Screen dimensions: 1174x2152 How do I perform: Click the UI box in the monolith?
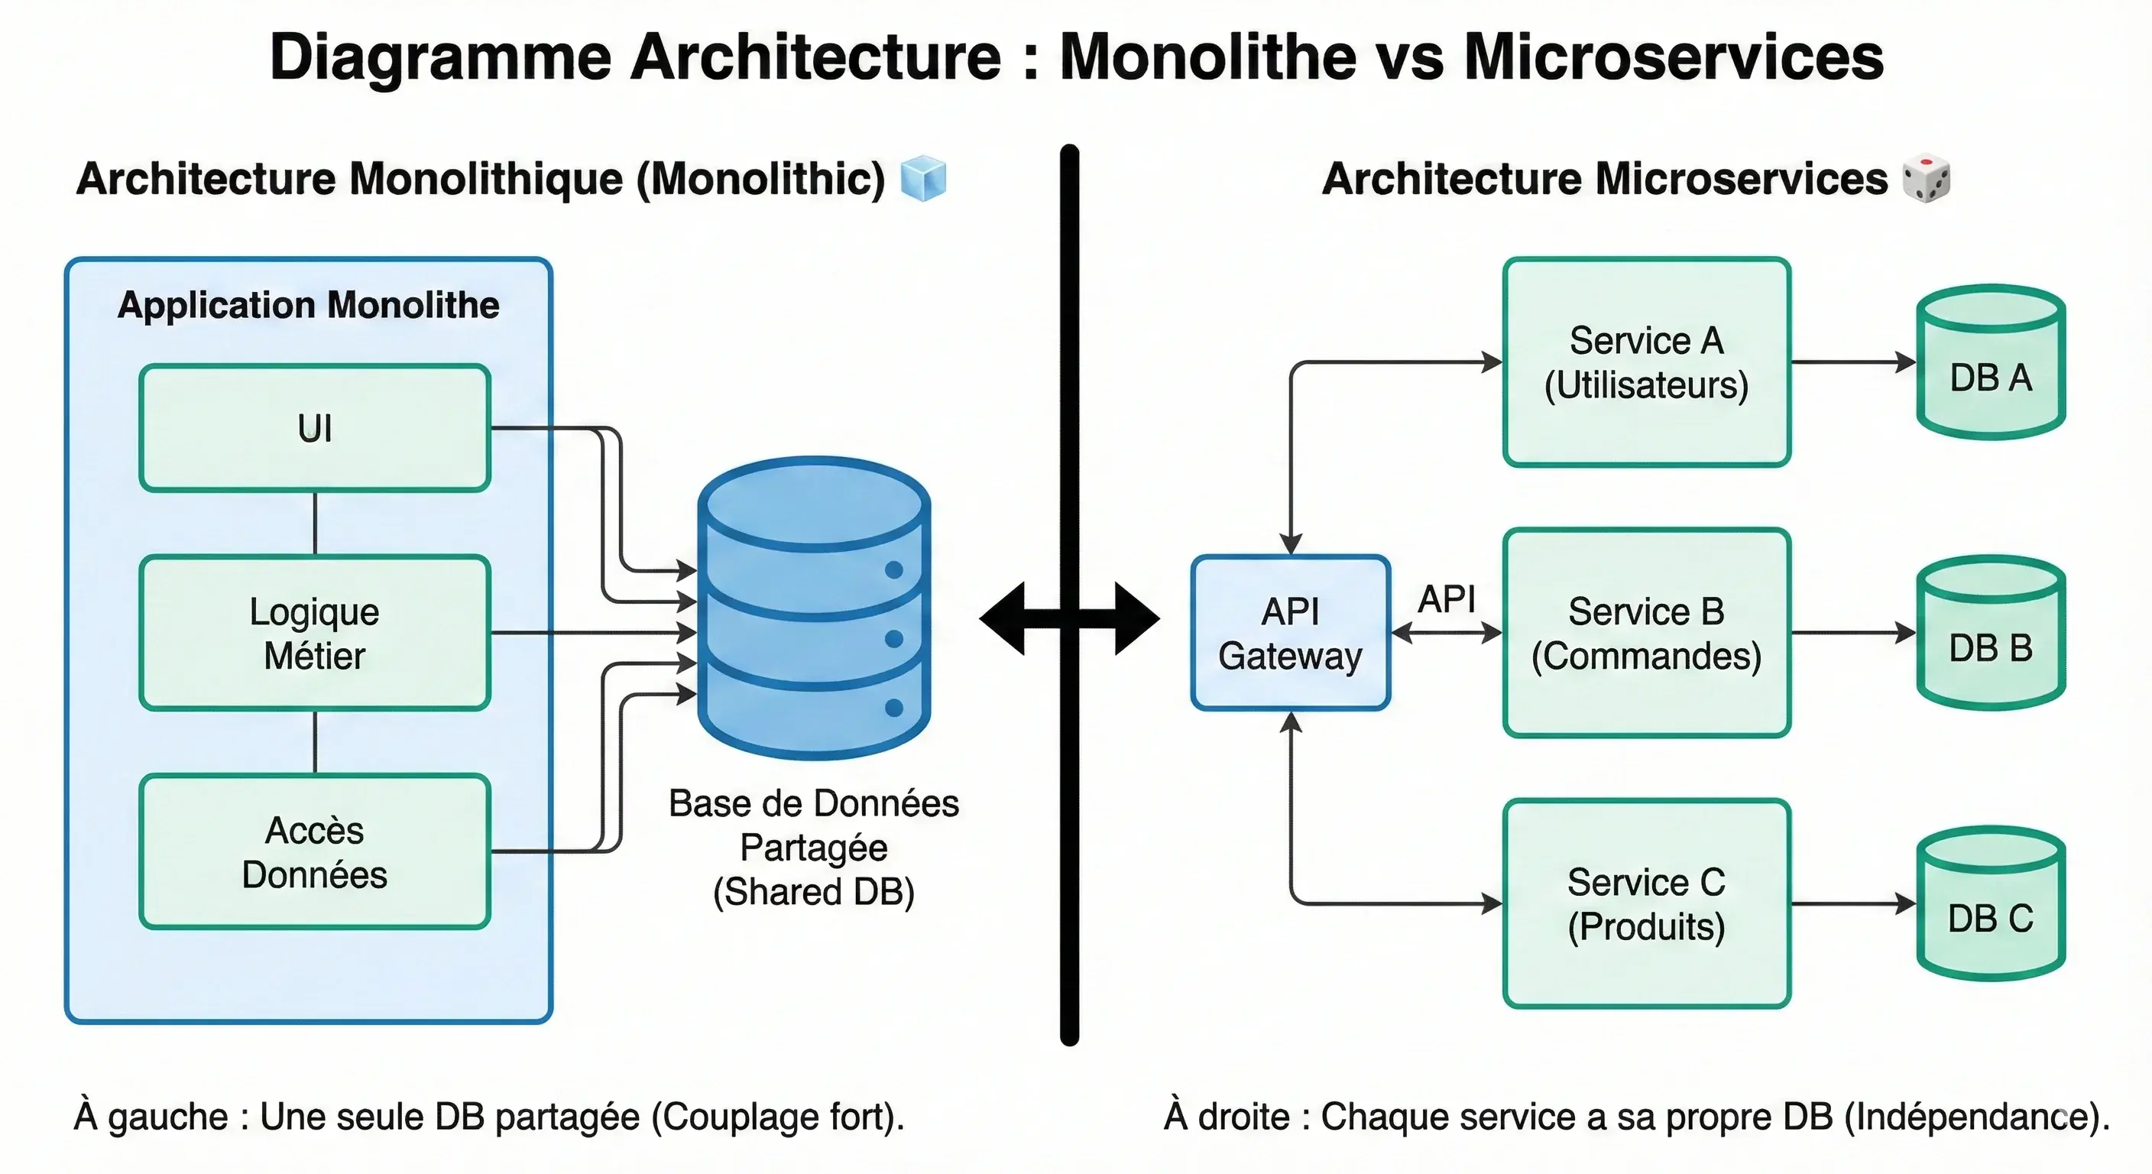[x=314, y=428]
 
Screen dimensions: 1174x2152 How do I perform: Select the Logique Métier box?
[x=314, y=633]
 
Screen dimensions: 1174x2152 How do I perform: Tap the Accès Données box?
[x=314, y=851]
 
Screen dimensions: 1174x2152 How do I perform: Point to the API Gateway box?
[x=1290, y=633]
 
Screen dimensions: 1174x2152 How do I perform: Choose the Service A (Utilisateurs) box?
[x=1646, y=362]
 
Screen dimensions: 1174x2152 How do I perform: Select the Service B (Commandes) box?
[x=1646, y=633]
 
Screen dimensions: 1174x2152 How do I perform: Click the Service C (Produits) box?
[x=1646, y=903]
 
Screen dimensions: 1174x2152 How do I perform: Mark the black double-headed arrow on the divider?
[x=1069, y=618]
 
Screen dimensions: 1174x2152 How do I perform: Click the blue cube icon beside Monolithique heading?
[x=923, y=178]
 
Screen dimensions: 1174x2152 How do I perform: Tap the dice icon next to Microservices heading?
[x=1926, y=178]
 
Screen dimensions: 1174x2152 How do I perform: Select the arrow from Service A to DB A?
[x=1853, y=362]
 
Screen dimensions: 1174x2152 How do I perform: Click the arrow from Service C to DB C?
[x=1853, y=903]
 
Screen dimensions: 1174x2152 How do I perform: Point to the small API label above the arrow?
[x=1446, y=599]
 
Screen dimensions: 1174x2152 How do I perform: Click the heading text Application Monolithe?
[x=308, y=305]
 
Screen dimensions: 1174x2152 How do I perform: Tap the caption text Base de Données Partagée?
[x=814, y=825]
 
